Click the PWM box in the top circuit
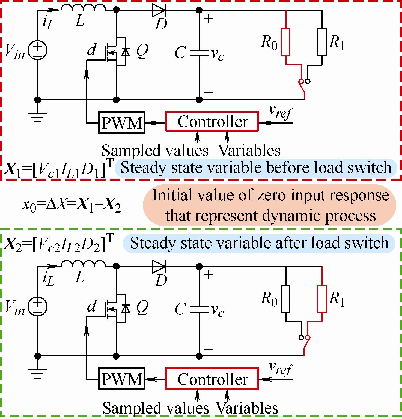[122, 122]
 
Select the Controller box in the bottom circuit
[212, 379]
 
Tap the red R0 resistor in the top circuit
[285, 42]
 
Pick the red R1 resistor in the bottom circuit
[322, 299]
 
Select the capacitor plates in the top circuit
[199, 53]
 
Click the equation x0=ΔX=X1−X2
[72, 205]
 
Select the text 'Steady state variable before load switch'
[256, 168]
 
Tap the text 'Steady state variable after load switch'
[259, 243]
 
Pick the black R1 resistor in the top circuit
[322, 42]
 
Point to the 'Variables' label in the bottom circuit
[247, 408]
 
